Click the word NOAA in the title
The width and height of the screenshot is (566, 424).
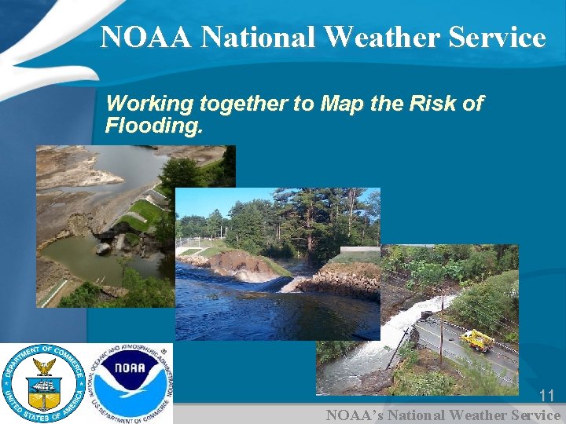[146, 37]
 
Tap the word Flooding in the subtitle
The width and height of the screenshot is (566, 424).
[153, 125]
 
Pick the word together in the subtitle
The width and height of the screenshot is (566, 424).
[244, 104]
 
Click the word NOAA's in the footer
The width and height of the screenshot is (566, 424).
[351, 415]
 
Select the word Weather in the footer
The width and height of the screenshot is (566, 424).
[477, 415]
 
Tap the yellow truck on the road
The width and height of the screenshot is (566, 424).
[476, 340]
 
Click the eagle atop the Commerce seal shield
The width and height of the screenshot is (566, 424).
[43, 367]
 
